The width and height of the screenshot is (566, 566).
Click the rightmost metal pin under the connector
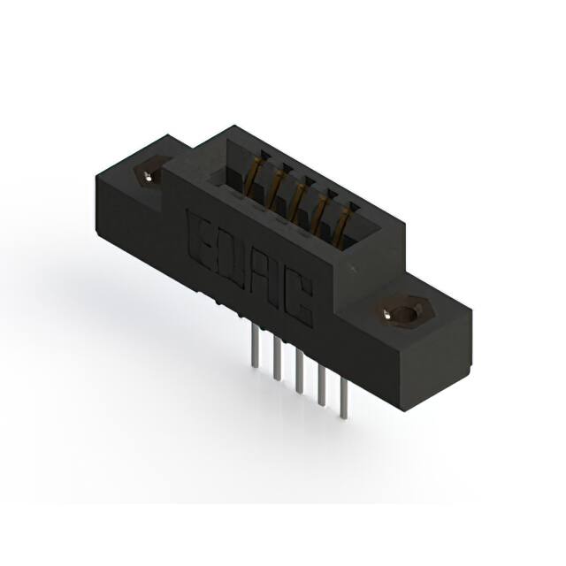pos(342,398)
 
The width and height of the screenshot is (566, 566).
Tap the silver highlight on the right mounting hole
pos(389,313)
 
